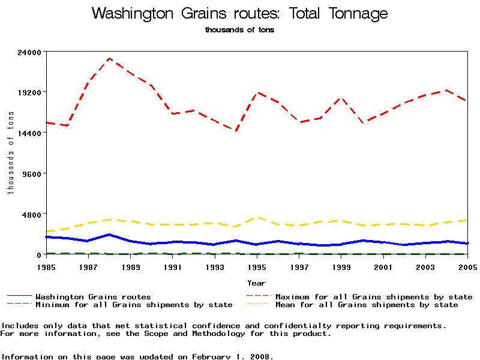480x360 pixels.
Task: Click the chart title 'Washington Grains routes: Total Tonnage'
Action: pos(239,14)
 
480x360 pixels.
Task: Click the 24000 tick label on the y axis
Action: pos(28,52)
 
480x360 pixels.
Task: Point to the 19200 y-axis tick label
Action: pos(28,92)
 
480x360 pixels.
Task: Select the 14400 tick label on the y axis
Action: pos(28,133)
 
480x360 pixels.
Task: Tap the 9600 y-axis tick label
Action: pos(31,174)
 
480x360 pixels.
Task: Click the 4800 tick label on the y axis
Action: pos(31,215)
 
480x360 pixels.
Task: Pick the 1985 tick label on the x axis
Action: pos(46,266)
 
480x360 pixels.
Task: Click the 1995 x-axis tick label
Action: pos(257,266)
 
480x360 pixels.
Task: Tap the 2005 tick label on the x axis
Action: pos(467,266)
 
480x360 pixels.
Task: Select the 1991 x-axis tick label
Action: pos(173,266)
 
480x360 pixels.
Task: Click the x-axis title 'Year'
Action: pos(256,282)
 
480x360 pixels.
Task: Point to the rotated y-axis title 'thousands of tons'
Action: pos(10,153)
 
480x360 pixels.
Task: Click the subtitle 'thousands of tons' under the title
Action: pos(239,30)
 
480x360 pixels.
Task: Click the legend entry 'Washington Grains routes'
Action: pos(93,297)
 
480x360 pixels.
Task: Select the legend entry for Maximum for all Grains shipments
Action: pos(373,297)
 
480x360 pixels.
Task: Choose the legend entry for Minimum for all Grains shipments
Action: pos(134,305)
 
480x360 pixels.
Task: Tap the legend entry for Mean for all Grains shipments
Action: pos(366,305)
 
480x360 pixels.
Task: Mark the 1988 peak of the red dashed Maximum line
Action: pos(109,58)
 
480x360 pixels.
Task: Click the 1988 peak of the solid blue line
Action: pos(109,235)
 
